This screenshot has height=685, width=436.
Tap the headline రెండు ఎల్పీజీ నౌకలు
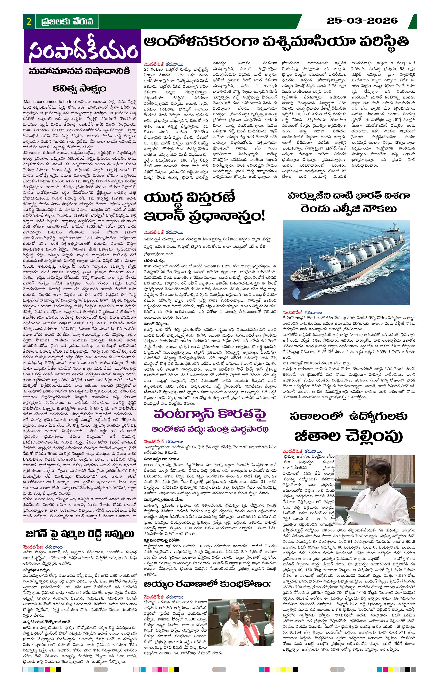348,209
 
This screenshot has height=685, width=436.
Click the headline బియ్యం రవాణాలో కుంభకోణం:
207,584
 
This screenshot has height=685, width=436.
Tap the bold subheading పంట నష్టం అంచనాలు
161,459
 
